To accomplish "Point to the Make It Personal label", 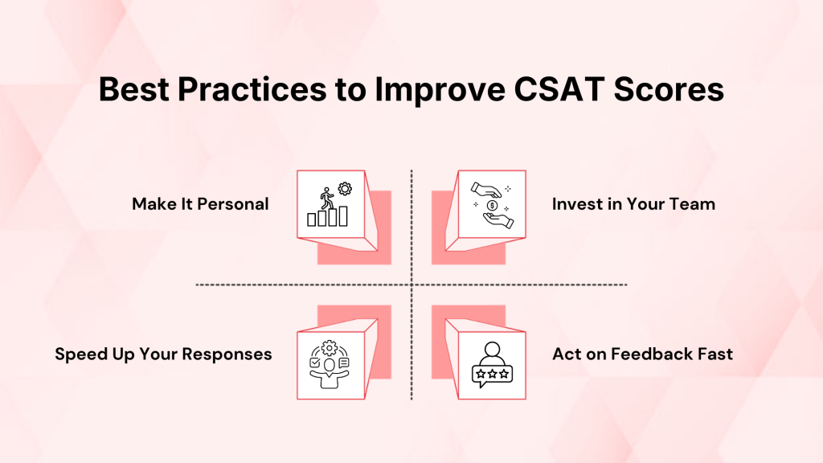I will click(200, 204).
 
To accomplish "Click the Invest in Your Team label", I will click(633, 204).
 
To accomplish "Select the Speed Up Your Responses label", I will click(163, 354).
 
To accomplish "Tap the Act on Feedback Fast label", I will click(642, 354).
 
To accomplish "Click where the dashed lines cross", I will click(411, 285).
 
